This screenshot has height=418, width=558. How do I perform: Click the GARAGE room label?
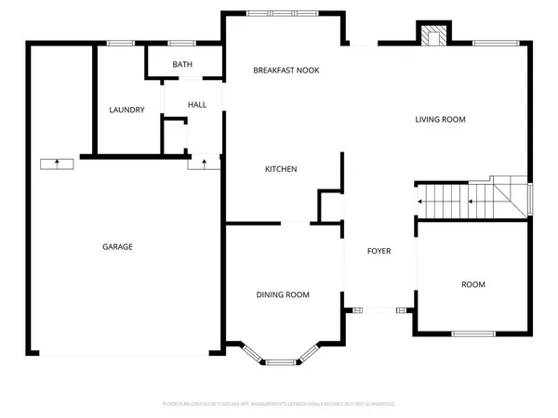coord(117,247)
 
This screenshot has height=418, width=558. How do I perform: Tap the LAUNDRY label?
coord(126,111)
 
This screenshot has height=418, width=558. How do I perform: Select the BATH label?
coord(182,64)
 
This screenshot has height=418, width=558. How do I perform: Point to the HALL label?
coord(197,105)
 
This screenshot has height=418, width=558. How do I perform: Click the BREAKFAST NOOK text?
coord(286,71)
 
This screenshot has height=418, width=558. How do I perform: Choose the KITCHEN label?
coord(281,169)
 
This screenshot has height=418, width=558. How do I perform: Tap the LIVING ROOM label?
coord(440,120)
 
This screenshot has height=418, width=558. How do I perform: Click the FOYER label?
coord(379,252)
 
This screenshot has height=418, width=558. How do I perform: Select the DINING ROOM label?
coord(283,294)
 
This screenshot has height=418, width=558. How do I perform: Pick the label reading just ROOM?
coord(473,284)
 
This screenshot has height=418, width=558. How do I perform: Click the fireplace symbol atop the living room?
coord(432,34)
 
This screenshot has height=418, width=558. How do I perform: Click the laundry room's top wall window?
coord(120,43)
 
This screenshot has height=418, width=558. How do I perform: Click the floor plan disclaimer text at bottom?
coord(279,404)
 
